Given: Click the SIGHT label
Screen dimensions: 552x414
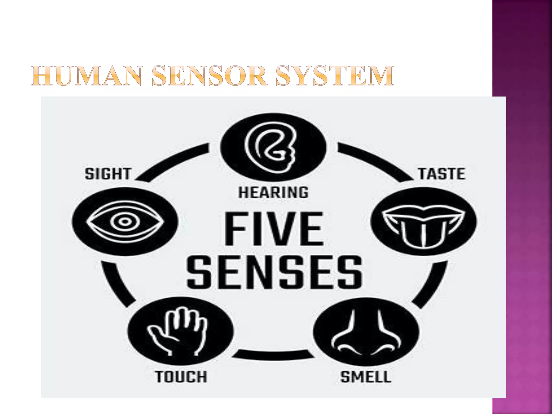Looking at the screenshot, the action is pyautogui.click(x=108, y=174).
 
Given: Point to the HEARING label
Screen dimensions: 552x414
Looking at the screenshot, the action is pyautogui.click(x=273, y=193).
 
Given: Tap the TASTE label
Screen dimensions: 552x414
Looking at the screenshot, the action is pyautogui.click(x=441, y=174).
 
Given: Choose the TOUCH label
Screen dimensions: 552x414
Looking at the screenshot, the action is pyautogui.click(x=181, y=377).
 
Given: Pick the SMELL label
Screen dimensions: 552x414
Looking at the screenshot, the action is pyautogui.click(x=366, y=377).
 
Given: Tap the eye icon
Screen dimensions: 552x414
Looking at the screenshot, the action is pyautogui.click(x=125, y=222).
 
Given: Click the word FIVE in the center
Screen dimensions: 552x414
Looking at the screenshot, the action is pyautogui.click(x=273, y=229).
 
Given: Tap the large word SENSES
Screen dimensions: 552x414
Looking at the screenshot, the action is pyautogui.click(x=274, y=272).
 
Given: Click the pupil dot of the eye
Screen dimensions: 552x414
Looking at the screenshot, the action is pyautogui.click(x=125, y=222).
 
